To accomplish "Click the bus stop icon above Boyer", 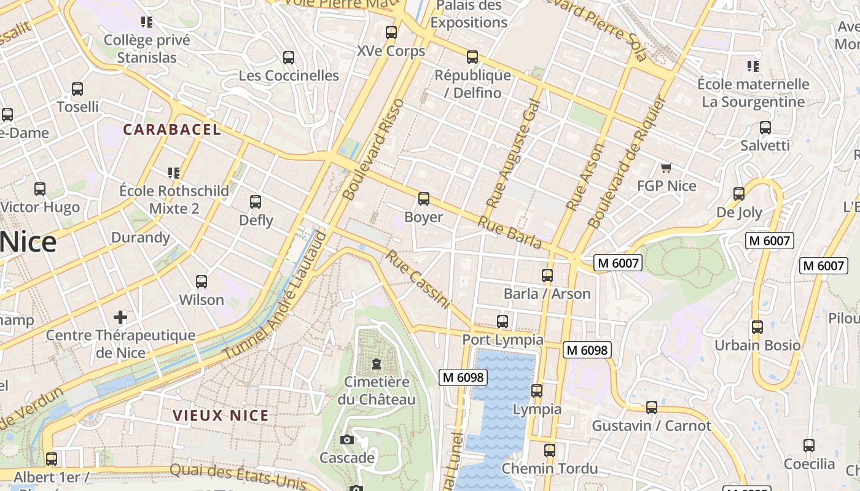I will tap(423, 199).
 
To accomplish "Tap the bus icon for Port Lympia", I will tap(502, 321).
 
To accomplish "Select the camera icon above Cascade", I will tap(346, 439).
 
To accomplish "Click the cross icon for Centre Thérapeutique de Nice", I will tap(120, 317).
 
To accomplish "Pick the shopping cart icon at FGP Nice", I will tap(666, 168).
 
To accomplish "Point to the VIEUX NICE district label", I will tap(221, 416).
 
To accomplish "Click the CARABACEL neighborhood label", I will tap(172, 130).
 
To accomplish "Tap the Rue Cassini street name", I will tap(418, 279).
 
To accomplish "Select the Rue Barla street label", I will tap(510, 233).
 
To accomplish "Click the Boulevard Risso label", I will tap(374, 149).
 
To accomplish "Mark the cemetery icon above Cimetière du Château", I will tap(376, 364).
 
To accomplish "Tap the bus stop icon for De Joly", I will tap(739, 194).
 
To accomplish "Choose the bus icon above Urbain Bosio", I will tap(757, 327).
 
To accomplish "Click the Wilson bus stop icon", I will tap(201, 282).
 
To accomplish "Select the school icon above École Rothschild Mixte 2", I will tap(174, 173).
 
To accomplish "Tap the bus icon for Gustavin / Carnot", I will tap(651, 408).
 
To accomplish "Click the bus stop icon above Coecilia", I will tap(809, 446).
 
